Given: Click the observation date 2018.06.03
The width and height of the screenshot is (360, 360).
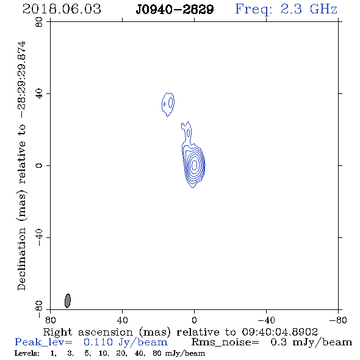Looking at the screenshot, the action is (62, 9).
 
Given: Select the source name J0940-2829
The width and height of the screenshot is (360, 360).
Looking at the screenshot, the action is (175, 9).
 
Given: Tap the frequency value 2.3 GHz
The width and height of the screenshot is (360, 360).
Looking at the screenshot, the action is (309, 9).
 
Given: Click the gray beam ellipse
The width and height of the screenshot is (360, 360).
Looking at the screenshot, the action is (68, 301).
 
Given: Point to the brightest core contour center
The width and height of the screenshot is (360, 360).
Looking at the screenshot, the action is (194, 165).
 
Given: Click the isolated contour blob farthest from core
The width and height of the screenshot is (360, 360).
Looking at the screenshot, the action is (168, 104).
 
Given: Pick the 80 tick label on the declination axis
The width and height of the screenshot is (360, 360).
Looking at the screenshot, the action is (39, 22).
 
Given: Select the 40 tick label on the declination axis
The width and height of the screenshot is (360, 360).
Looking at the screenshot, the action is (39, 94).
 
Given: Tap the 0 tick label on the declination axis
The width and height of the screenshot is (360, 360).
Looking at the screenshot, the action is (39, 165).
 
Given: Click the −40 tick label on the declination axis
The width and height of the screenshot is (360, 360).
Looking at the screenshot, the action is (39, 237).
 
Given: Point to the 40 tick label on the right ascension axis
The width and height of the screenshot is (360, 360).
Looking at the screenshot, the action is (122, 320).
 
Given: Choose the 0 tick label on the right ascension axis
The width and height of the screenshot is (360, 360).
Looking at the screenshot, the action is (194, 320).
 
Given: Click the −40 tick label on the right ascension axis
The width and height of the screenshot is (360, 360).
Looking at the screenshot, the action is (266, 320).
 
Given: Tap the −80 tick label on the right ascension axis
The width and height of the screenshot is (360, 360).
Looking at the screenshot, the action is (338, 320).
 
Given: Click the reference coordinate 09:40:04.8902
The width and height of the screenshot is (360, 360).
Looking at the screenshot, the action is (279, 332).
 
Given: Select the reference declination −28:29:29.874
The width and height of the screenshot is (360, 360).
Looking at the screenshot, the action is (23, 80).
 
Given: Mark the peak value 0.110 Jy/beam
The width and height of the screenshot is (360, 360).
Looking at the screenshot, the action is (126, 342).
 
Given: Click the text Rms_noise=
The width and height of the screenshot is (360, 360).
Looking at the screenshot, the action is (225, 342).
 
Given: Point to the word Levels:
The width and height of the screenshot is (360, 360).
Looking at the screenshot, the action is (27, 353).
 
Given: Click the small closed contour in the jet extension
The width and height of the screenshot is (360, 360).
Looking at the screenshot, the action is (189, 133).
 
